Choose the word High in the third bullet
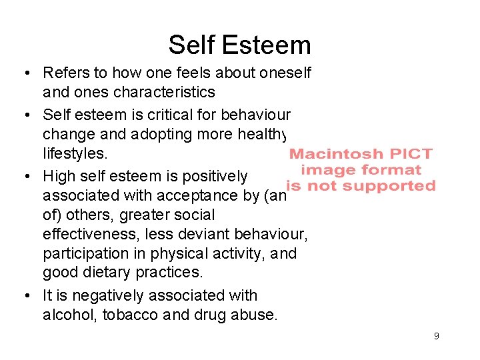(x=58, y=176)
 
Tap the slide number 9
(x=437, y=336)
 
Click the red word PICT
(x=409, y=154)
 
